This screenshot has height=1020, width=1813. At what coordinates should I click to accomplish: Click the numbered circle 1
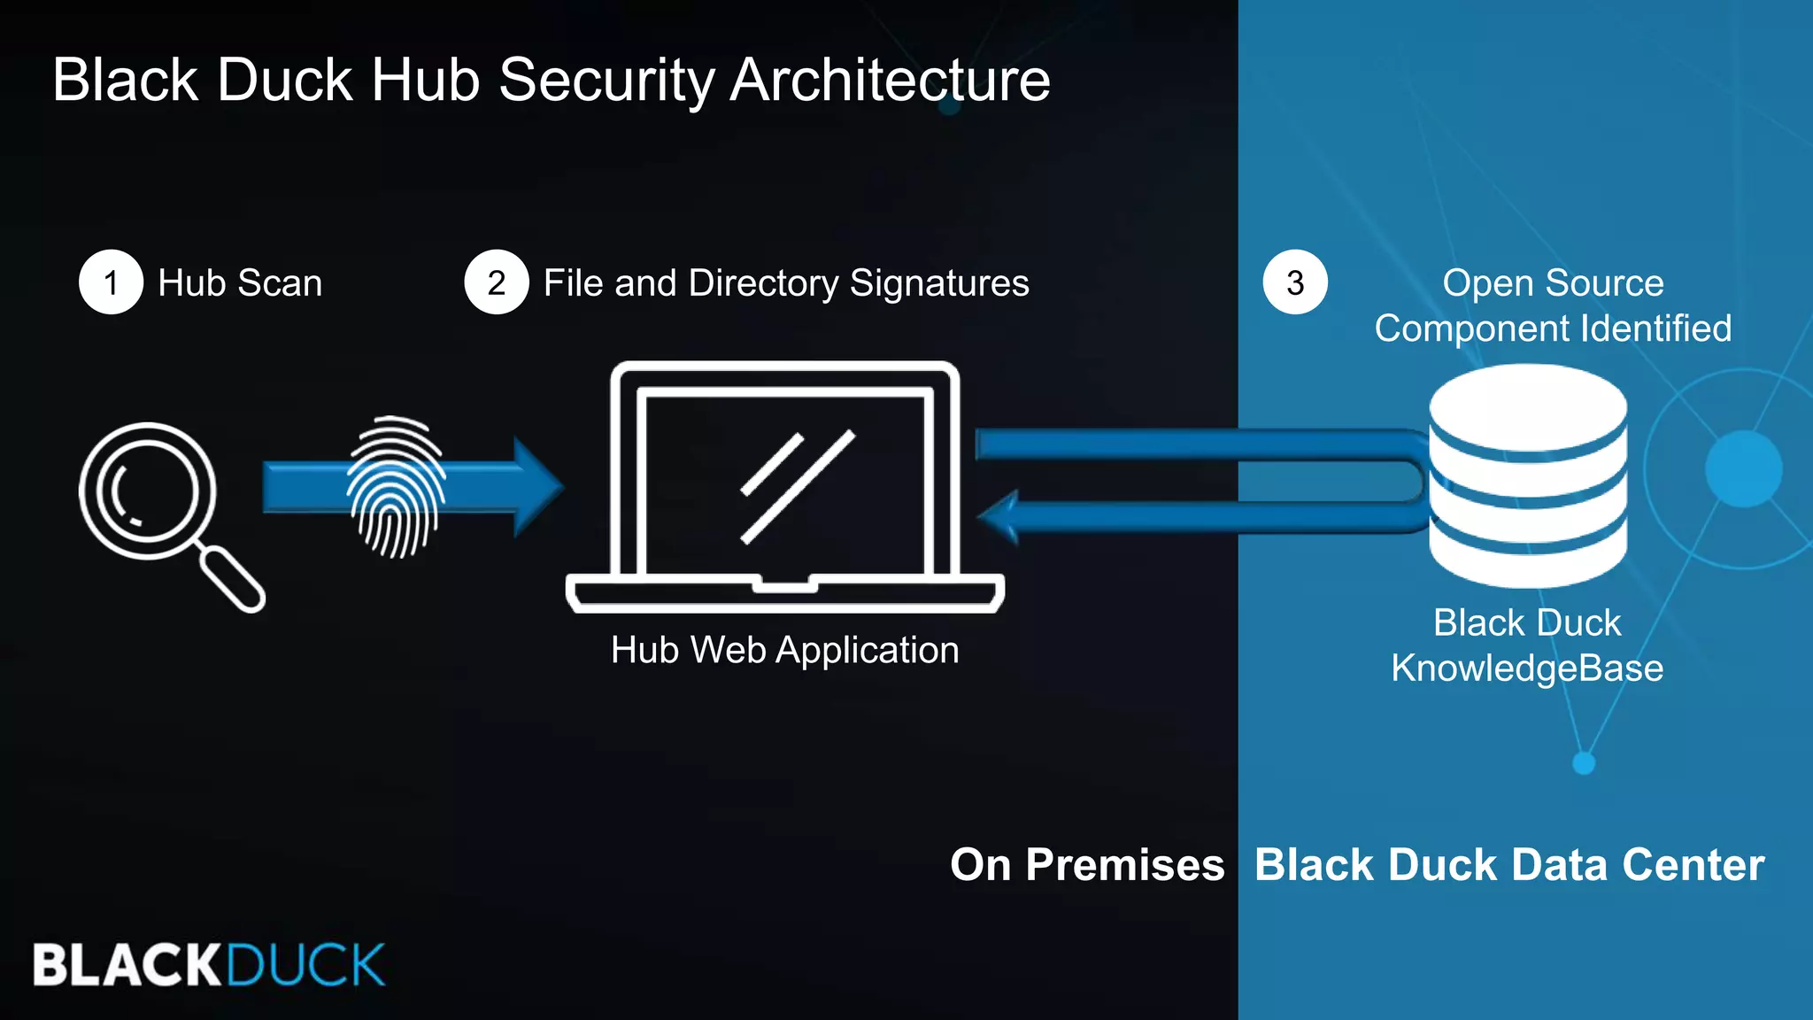point(111,282)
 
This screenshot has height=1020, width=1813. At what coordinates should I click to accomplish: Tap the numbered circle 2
point(496,282)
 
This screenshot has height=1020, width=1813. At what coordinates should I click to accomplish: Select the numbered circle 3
point(1294,282)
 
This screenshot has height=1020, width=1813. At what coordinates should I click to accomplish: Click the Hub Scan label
point(240,283)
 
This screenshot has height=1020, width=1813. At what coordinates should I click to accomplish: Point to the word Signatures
point(939,283)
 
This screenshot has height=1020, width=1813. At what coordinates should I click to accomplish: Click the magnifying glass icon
point(149,491)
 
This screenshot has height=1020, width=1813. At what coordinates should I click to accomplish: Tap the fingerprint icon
point(396,487)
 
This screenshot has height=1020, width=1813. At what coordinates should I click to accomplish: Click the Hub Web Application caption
point(784,650)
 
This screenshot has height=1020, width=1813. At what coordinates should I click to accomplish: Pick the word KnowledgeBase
point(1527,668)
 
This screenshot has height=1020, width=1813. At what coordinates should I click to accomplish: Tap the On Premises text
point(1086,864)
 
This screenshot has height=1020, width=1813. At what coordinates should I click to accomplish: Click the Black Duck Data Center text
point(1509,864)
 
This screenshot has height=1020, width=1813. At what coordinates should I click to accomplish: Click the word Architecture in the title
point(890,80)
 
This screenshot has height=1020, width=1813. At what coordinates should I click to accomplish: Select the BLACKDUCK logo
point(209,964)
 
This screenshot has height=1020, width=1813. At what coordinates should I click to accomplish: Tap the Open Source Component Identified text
point(1553,305)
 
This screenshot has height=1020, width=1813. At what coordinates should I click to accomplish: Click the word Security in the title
point(606,80)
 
